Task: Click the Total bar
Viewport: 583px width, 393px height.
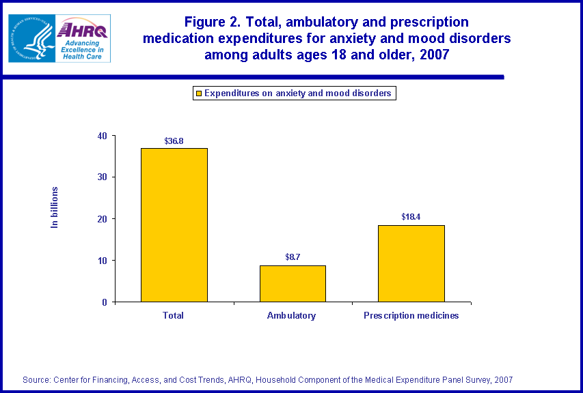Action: click(x=174, y=224)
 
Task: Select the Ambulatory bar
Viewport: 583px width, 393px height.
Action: click(x=293, y=283)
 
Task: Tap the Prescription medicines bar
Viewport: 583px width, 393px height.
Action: click(x=411, y=263)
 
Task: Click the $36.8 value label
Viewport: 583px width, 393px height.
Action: click(x=174, y=141)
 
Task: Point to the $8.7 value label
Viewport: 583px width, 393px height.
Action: click(x=293, y=257)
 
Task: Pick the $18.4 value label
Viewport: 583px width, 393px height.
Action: click(x=411, y=217)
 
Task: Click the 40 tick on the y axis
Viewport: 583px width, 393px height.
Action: click(x=103, y=135)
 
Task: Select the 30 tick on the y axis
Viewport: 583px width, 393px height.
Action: click(x=103, y=177)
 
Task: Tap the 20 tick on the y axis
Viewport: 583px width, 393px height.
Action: click(x=103, y=218)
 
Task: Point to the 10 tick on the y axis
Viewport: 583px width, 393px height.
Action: click(x=103, y=260)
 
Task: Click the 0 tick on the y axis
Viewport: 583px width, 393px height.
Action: click(x=105, y=302)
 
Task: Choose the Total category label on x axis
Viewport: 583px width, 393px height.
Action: click(x=174, y=316)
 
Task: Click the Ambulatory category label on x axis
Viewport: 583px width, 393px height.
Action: click(x=293, y=316)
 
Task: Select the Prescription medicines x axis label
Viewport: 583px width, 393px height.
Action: click(x=411, y=316)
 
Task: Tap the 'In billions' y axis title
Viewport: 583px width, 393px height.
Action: click(x=55, y=207)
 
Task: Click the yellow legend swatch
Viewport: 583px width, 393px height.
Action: click(x=199, y=93)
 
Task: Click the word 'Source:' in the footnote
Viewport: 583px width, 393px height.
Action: click(x=36, y=379)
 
